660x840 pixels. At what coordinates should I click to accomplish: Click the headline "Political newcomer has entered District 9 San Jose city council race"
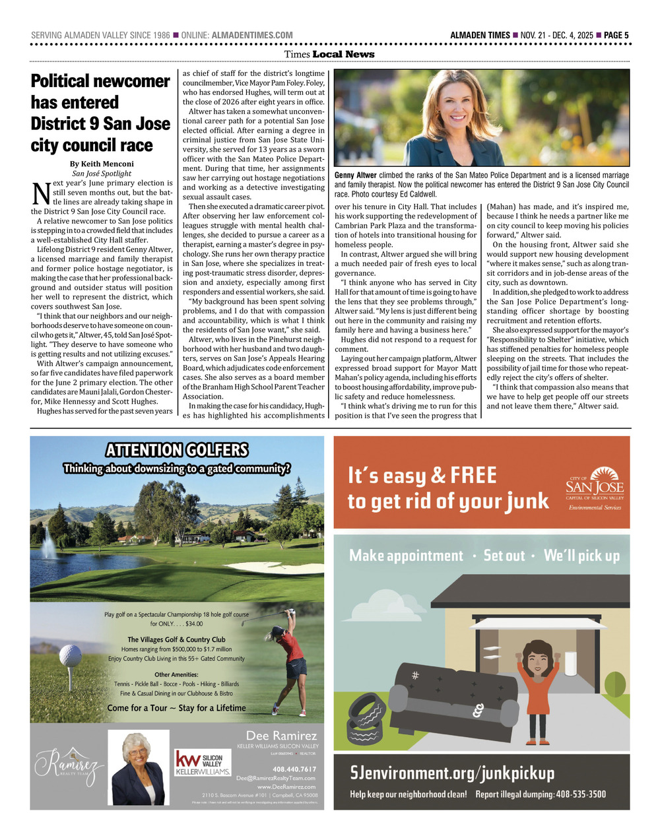[100, 113]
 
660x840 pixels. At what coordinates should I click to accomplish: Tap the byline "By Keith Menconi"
[102, 164]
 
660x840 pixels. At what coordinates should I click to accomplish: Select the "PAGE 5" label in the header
[616, 35]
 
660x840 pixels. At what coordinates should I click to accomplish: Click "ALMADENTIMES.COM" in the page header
[251, 35]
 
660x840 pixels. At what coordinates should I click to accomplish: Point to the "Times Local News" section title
[329, 54]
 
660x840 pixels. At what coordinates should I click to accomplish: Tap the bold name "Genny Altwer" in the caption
[355, 176]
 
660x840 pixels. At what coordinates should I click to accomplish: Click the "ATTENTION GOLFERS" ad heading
[177, 451]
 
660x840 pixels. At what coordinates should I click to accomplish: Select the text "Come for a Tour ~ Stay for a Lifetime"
[176, 708]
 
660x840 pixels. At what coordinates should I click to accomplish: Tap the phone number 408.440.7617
[294, 769]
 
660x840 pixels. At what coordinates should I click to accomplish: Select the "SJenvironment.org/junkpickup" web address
[452, 773]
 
